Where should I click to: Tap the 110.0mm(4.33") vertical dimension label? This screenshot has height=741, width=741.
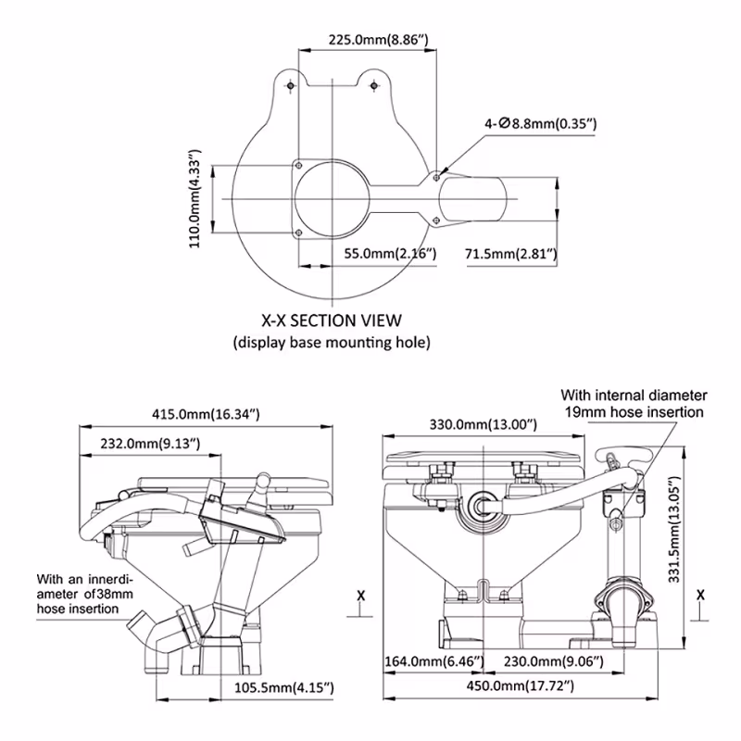coord(195,197)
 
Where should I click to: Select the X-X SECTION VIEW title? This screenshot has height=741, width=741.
coord(331,320)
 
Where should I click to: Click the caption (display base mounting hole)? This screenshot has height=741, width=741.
coord(331,343)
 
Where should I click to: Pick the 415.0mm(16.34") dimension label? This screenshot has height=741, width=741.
coord(207,414)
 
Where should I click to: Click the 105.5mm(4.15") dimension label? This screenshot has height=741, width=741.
coord(281,686)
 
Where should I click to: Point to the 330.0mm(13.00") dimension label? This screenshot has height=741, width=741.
coord(483,424)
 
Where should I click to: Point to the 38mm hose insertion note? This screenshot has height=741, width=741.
coord(78,592)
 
